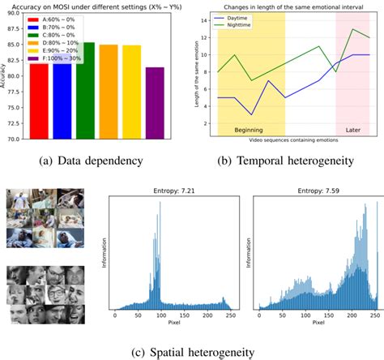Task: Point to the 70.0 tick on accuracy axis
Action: click(17, 139)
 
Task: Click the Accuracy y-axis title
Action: click(6, 77)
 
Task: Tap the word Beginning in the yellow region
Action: click(250, 130)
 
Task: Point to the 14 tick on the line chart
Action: click(209, 18)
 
